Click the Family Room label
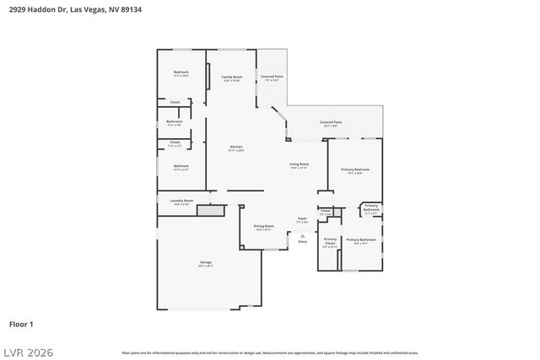(231, 77)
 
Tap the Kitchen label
(236, 148)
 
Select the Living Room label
(299, 164)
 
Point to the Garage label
(206, 263)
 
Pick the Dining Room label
(263, 226)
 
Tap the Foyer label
(302, 218)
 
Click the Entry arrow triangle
(302, 234)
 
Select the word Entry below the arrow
(302, 242)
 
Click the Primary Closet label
(330, 241)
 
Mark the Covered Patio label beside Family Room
(272, 77)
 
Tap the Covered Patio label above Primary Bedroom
(331, 122)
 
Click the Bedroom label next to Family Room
(181, 73)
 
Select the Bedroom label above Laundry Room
(181, 166)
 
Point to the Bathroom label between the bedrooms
(174, 121)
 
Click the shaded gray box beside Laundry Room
(209, 210)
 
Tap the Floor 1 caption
(21, 324)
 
